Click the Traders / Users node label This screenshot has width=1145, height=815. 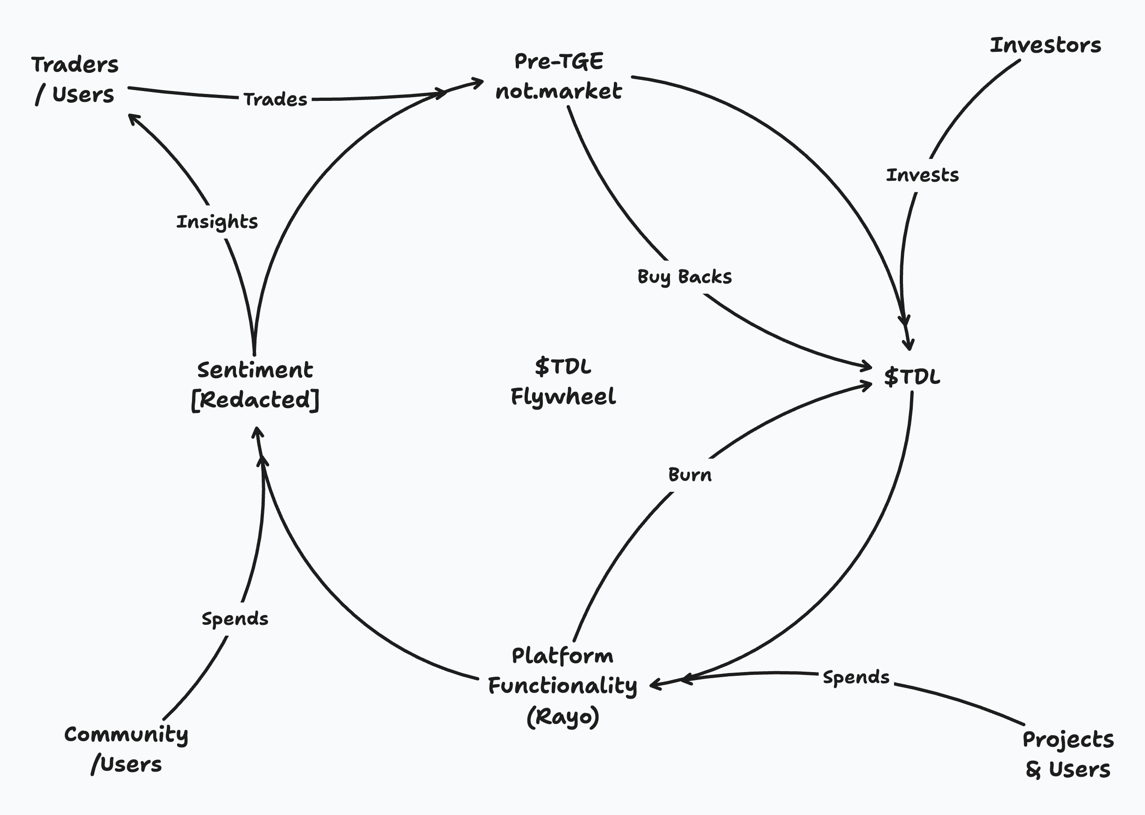(x=75, y=80)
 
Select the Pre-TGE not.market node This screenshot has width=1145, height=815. (x=558, y=76)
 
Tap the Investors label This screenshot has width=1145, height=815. (x=1045, y=45)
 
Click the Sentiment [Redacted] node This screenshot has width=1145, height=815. (x=255, y=385)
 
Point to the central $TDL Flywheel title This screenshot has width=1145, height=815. (x=563, y=382)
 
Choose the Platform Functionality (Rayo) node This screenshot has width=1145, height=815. (x=562, y=686)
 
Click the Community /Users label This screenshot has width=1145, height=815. (x=126, y=749)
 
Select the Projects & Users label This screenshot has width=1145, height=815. (x=1068, y=754)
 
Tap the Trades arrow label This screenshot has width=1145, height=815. (x=275, y=99)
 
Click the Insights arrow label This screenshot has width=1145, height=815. (x=217, y=222)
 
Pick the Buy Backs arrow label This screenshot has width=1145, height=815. (x=684, y=276)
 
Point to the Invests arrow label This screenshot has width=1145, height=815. (x=922, y=175)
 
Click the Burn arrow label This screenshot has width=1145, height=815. (x=690, y=475)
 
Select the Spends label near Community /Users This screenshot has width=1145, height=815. (x=235, y=619)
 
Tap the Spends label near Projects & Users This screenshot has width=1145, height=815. (x=856, y=678)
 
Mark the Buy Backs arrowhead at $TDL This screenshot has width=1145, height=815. (x=868, y=366)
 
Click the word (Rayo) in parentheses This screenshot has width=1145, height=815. (x=563, y=716)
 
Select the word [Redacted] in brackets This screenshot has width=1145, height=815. (x=255, y=400)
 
